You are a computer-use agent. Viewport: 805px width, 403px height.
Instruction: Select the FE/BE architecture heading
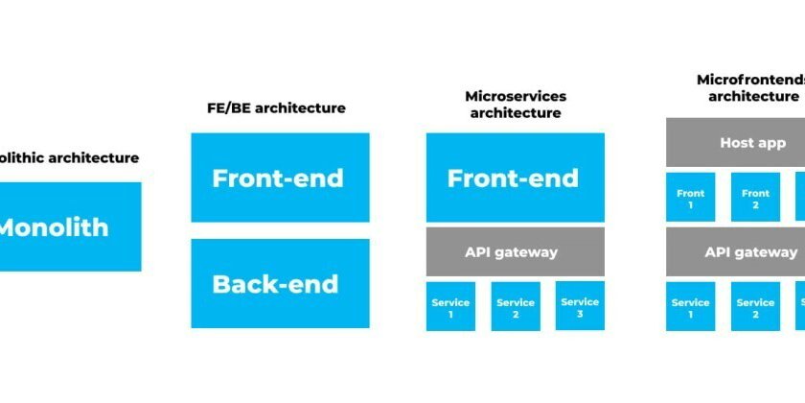click(x=277, y=108)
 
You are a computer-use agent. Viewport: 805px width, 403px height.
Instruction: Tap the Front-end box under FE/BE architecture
click(x=280, y=178)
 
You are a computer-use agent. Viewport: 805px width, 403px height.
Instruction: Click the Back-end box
click(x=280, y=284)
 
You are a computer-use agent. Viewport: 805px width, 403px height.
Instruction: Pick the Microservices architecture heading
click(x=515, y=105)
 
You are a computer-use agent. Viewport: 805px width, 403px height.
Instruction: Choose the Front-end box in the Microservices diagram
click(x=515, y=178)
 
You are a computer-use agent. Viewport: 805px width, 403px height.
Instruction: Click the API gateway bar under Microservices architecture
click(x=515, y=252)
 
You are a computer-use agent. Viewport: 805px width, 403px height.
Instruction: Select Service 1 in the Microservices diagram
click(x=450, y=307)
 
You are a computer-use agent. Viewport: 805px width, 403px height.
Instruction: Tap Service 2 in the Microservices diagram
click(x=515, y=307)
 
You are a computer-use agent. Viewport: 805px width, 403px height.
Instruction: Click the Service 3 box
click(x=580, y=306)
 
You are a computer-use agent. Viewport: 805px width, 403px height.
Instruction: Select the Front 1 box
click(x=690, y=198)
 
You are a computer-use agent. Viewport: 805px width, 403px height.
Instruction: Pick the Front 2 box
click(x=755, y=198)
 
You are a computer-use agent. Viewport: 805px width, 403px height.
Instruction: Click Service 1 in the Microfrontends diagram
click(x=690, y=307)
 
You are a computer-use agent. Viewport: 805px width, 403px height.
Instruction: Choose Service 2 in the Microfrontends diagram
click(x=755, y=307)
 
